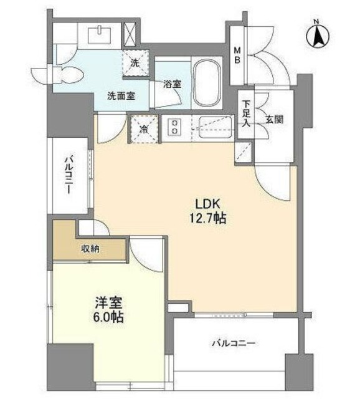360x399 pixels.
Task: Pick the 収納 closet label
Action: tap(91, 248)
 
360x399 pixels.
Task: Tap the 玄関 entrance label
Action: tap(274, 118)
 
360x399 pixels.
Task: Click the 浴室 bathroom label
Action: tap(172, 86)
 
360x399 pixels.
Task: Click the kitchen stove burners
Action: tap(175, 128)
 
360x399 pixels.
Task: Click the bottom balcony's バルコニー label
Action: tap(234, 342)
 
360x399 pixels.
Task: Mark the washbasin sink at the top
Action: tap(100, 35)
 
